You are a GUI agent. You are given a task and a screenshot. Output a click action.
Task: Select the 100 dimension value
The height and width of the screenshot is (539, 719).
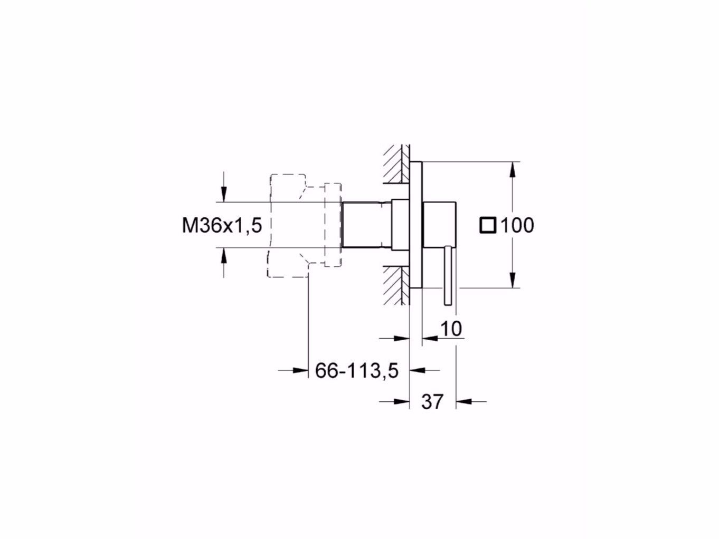(x=517, y=226)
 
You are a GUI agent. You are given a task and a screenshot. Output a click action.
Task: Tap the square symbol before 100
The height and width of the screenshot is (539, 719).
(x=488, y=226)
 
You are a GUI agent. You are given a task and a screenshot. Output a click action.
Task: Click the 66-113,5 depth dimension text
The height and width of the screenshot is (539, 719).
(x=356, y=371)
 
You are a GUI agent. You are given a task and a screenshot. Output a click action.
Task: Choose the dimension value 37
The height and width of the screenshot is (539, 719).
(x=432, y=402)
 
